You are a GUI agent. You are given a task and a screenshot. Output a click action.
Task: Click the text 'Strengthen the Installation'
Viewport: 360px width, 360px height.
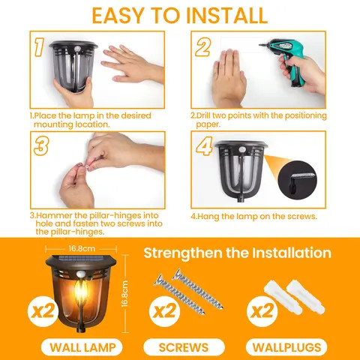coord(236,253)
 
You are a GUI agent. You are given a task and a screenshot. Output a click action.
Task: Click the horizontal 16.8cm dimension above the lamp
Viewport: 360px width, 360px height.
coord(79,248)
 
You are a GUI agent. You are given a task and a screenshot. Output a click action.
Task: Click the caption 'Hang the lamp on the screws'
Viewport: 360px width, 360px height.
coord(253,216)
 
